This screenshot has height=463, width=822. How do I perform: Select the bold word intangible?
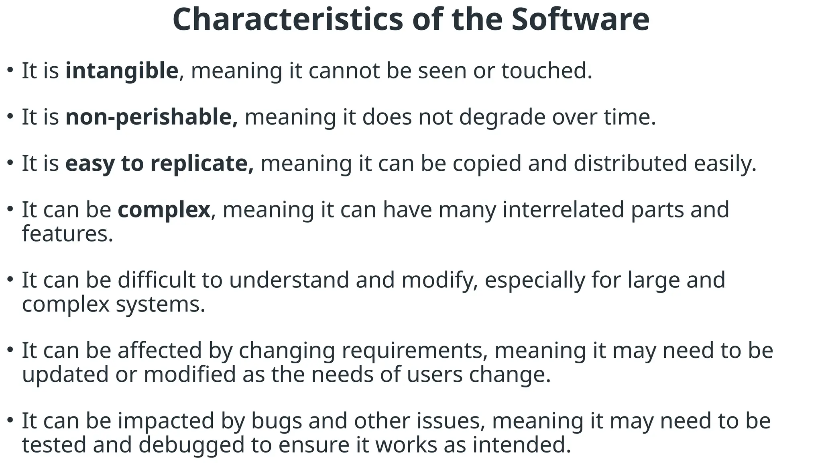tap(122, 71)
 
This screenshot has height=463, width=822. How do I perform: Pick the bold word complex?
tap(164, 210)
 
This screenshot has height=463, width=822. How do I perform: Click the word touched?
tap(547, 71)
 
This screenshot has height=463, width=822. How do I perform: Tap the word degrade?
tap(502, 117)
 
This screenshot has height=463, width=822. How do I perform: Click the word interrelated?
tap(563, 210)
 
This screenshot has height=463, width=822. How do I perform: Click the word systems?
tap(161, 304)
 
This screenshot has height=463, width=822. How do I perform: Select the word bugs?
tap(277, 421)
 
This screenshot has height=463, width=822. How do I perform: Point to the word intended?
tap(521, 445)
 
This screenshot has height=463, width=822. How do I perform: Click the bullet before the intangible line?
tap(10, 70)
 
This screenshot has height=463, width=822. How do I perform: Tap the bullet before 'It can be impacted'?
tap(10, 420)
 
